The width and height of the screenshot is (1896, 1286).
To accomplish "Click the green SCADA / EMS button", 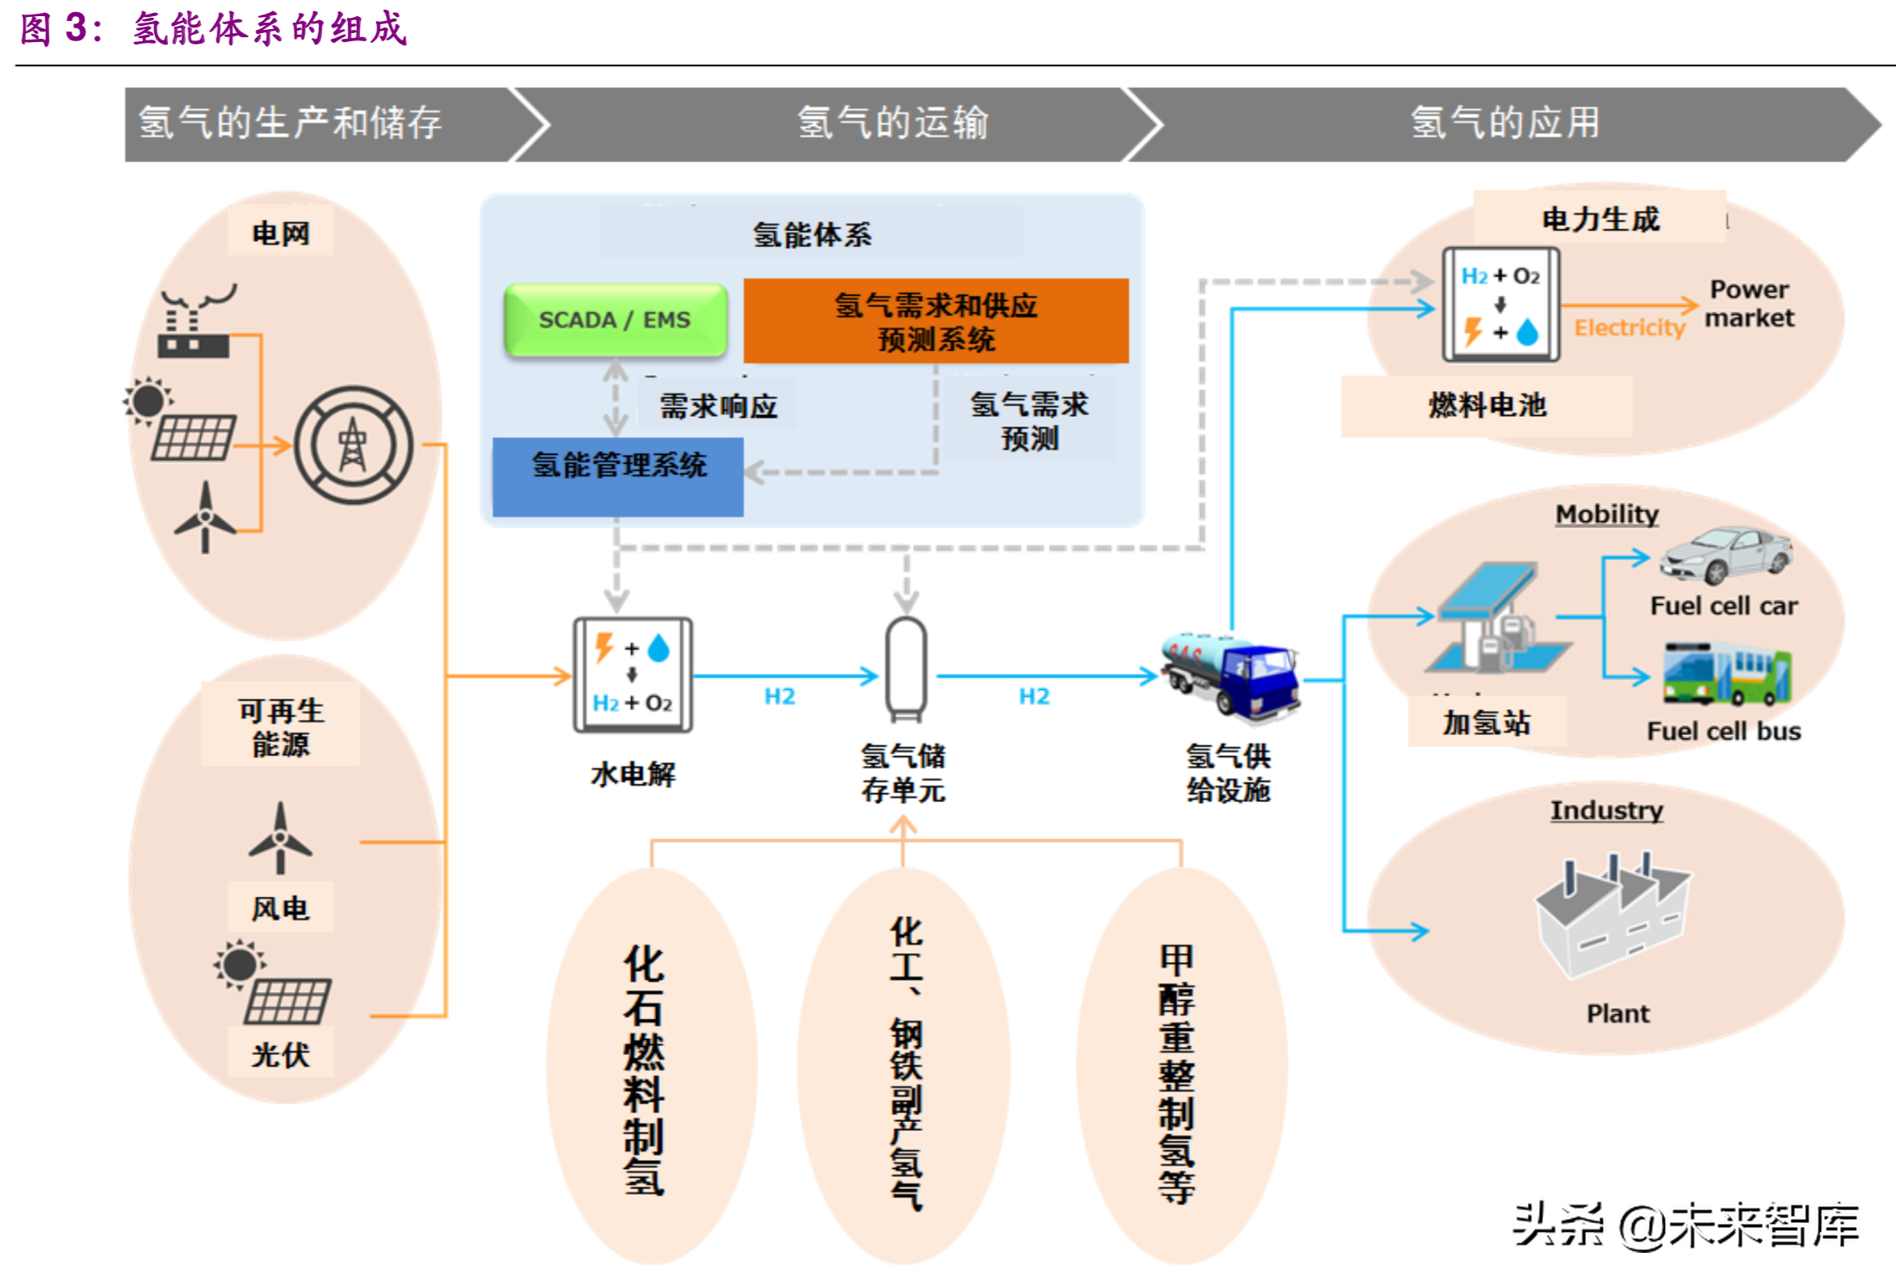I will click(615, 320).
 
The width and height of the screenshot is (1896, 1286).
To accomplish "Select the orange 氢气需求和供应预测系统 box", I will click(936, 321).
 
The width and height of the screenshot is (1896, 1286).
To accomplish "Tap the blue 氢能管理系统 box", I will click(618, 476).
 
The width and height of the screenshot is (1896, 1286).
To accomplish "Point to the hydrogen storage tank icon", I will click(905, 669).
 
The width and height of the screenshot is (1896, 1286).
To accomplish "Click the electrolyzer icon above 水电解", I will click(632, 675).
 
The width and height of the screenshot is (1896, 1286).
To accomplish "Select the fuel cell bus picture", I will click(1726, 673).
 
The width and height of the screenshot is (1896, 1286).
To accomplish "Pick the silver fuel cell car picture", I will click(1726, 555).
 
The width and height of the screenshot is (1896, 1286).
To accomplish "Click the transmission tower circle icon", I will click(353, 446).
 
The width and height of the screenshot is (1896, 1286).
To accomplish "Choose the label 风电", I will click(280, 907).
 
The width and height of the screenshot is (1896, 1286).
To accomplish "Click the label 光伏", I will click(280, 1054).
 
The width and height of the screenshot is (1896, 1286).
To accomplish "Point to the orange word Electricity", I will click(1629, 327).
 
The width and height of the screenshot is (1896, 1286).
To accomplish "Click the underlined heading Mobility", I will click(1605, 514).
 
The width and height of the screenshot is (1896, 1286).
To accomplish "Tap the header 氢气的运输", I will click(891, 124).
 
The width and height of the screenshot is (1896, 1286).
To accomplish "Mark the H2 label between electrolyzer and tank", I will click(779, 696).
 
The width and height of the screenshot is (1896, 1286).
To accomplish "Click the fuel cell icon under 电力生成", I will click(1500, 305).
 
